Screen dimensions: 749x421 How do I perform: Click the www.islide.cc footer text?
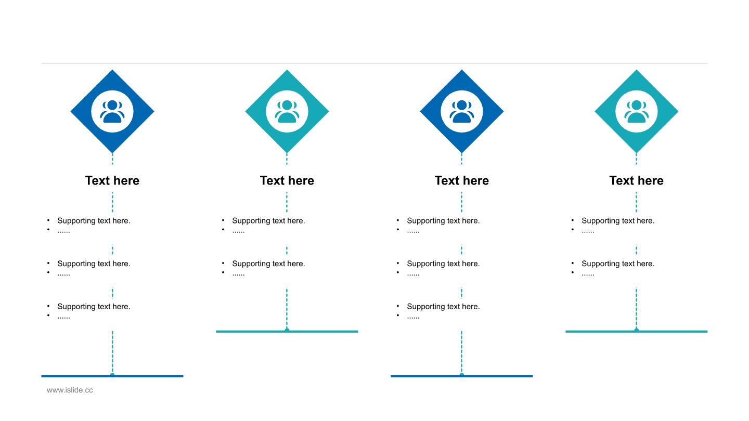70,390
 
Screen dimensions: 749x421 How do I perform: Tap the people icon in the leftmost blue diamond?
112,112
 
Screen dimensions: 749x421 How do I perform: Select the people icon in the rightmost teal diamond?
636,112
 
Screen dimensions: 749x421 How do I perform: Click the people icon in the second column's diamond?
287,112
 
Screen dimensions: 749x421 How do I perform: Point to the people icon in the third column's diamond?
462,112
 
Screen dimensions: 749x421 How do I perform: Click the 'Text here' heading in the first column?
112,180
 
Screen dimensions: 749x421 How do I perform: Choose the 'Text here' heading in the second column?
287,180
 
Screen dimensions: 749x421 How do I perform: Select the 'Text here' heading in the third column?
462,180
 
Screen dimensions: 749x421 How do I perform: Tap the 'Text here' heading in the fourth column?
636,180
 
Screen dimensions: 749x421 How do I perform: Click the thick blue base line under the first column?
112,376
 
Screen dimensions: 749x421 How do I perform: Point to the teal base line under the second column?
287,332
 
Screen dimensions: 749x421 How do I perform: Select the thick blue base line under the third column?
462,376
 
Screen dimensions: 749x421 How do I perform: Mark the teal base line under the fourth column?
636,332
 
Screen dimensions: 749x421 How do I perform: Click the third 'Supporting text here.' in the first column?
94,307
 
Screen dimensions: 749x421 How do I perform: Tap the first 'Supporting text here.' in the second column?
268,221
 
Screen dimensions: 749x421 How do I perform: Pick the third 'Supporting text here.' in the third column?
443,307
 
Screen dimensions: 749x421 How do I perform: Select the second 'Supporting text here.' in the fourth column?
618,264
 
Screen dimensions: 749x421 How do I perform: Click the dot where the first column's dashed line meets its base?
112,375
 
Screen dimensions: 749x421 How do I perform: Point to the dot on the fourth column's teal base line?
636,330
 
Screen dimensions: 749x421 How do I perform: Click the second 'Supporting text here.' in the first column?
94,264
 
